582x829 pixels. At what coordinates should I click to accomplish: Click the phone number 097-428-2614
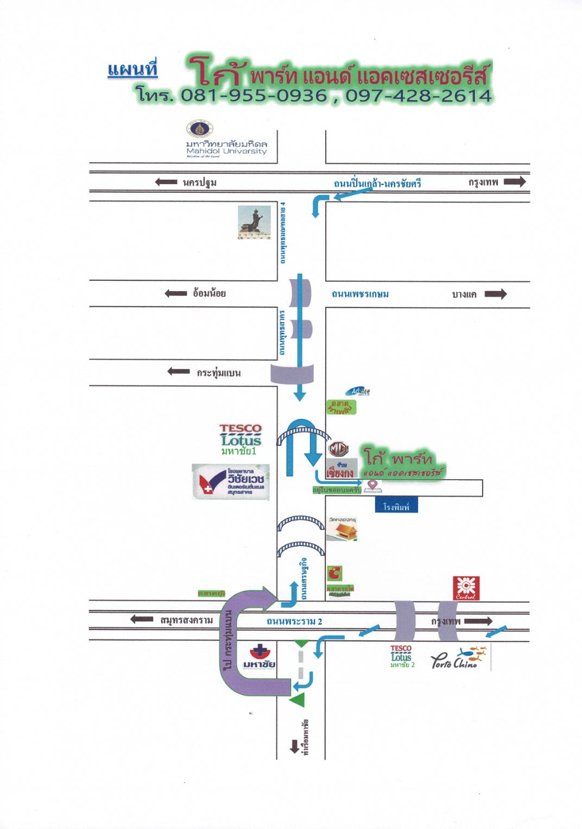[419, 96]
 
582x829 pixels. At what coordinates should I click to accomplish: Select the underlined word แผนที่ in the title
[132, 70]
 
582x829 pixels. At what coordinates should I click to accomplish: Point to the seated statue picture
[254, 222]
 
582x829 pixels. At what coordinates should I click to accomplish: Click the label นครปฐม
[199, 183]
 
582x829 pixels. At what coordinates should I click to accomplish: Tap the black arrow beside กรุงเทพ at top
[515, 182]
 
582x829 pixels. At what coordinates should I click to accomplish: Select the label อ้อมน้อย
[209, 293]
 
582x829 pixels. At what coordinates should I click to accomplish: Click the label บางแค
[464, 294]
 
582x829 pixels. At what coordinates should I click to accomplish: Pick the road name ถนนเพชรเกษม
[360, 294]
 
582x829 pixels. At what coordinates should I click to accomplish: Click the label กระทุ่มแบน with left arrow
[218, 373]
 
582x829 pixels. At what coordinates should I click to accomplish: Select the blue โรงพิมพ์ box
[396, 506]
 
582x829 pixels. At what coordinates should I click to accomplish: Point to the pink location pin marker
[372, 486]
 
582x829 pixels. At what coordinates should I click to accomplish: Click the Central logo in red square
[466, 588]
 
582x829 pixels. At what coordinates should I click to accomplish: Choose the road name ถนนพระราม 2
[294, 621]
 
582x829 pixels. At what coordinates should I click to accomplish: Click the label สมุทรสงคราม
[186, 620]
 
